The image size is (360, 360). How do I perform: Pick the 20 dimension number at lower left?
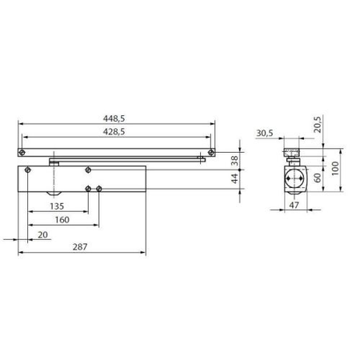click(42, 234)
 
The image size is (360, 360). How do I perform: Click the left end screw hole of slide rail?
click(23, 151)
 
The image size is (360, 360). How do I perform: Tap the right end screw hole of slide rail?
click(210, 151)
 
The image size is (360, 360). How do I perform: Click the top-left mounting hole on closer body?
click(29, 170)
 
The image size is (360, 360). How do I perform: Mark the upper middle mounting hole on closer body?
click(86, 169)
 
